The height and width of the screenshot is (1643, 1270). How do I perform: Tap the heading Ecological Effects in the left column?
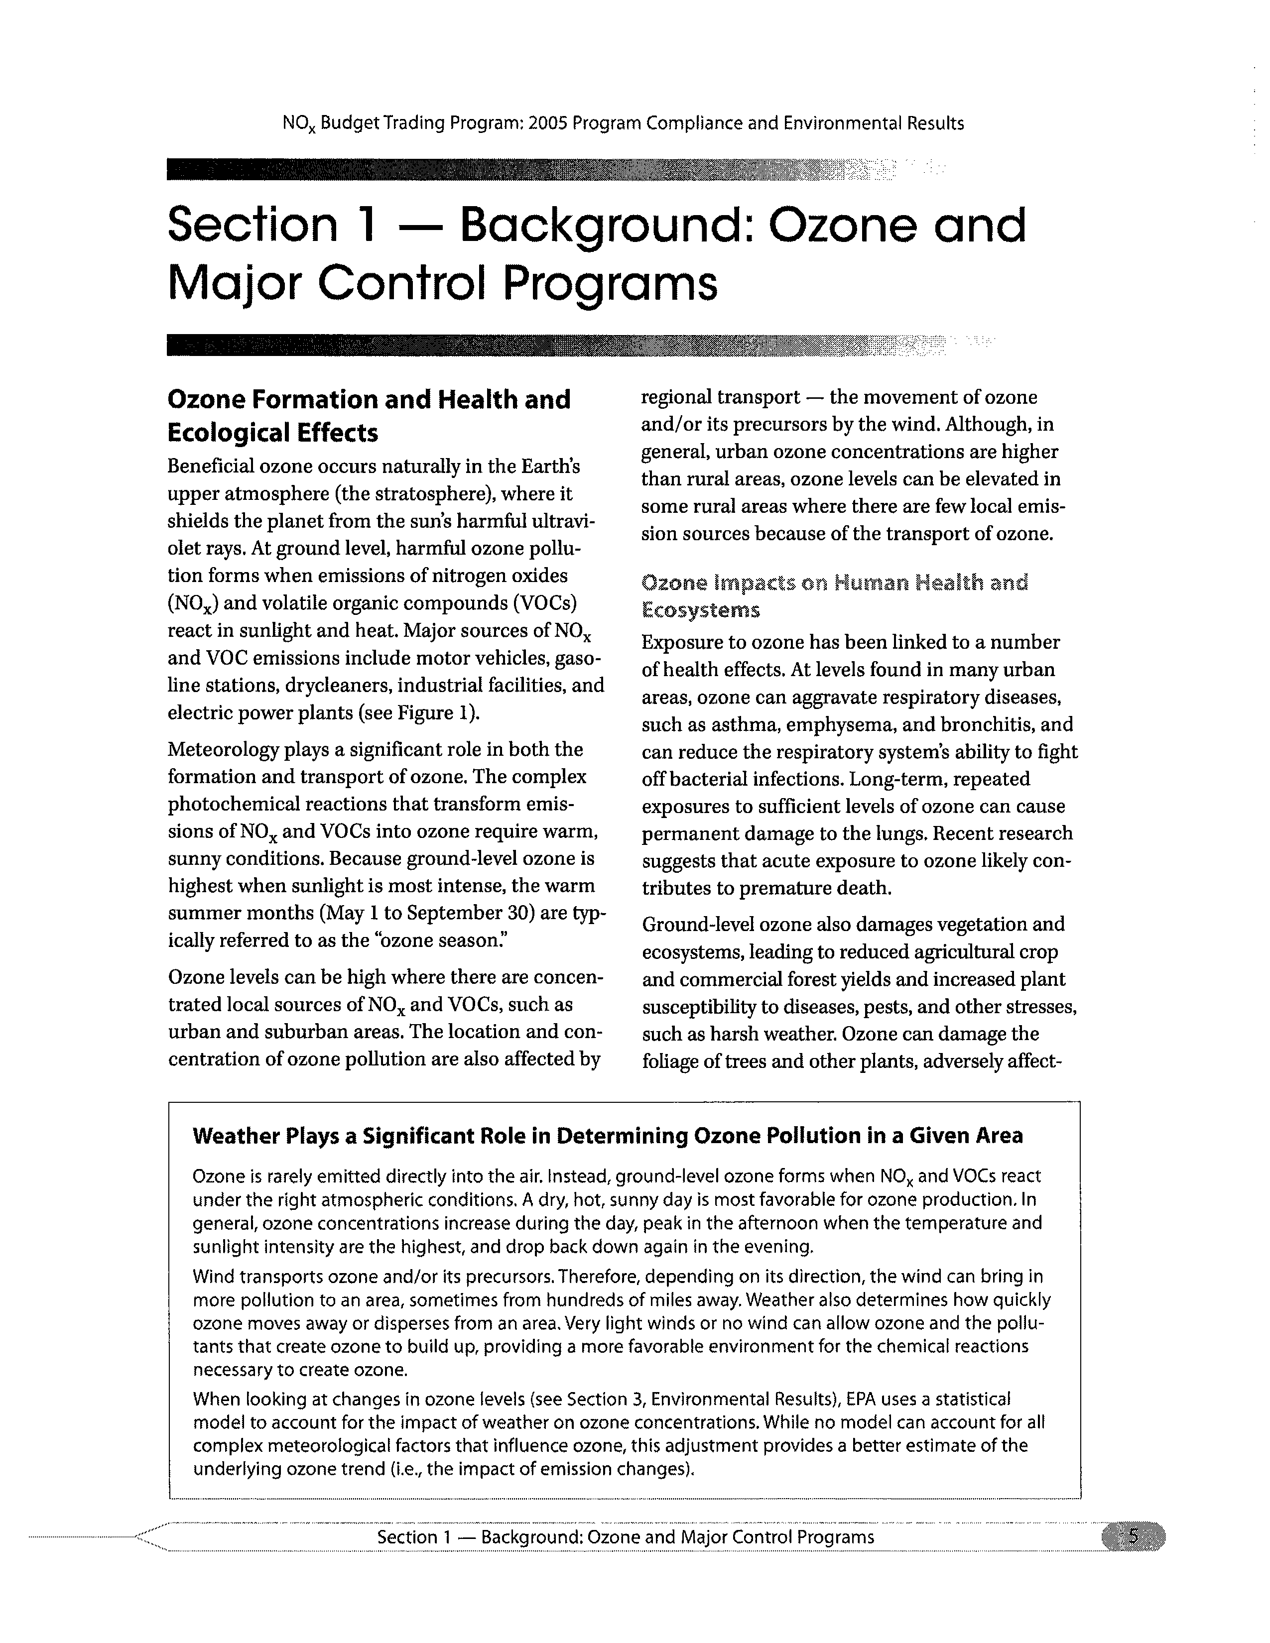(272, 433)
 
